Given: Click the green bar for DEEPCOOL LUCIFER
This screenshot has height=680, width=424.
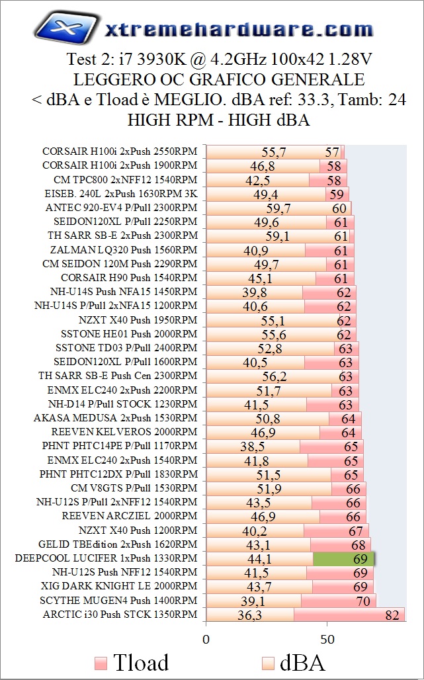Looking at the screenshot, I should pos(343,559).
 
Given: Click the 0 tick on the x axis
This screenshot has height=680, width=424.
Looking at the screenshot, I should pos(206,639).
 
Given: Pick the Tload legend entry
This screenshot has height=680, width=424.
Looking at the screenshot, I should pos(132,662).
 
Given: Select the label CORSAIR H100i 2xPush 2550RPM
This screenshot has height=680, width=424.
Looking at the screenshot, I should pos(120,151).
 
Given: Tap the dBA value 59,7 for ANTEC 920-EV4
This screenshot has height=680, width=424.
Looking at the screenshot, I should pos(278,208).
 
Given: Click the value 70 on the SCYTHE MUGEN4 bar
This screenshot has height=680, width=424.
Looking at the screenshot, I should pos(362,601).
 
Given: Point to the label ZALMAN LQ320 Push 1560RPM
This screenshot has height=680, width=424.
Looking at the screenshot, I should pos(124,250).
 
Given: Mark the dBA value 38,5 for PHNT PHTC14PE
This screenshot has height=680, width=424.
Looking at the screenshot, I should pos(253,446).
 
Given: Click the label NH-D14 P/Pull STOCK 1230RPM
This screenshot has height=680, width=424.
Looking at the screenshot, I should pos(122,404).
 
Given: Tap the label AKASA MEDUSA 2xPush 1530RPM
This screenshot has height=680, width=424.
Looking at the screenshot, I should pos(116,417).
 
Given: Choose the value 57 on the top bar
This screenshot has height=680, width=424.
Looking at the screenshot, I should pos(331,152).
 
